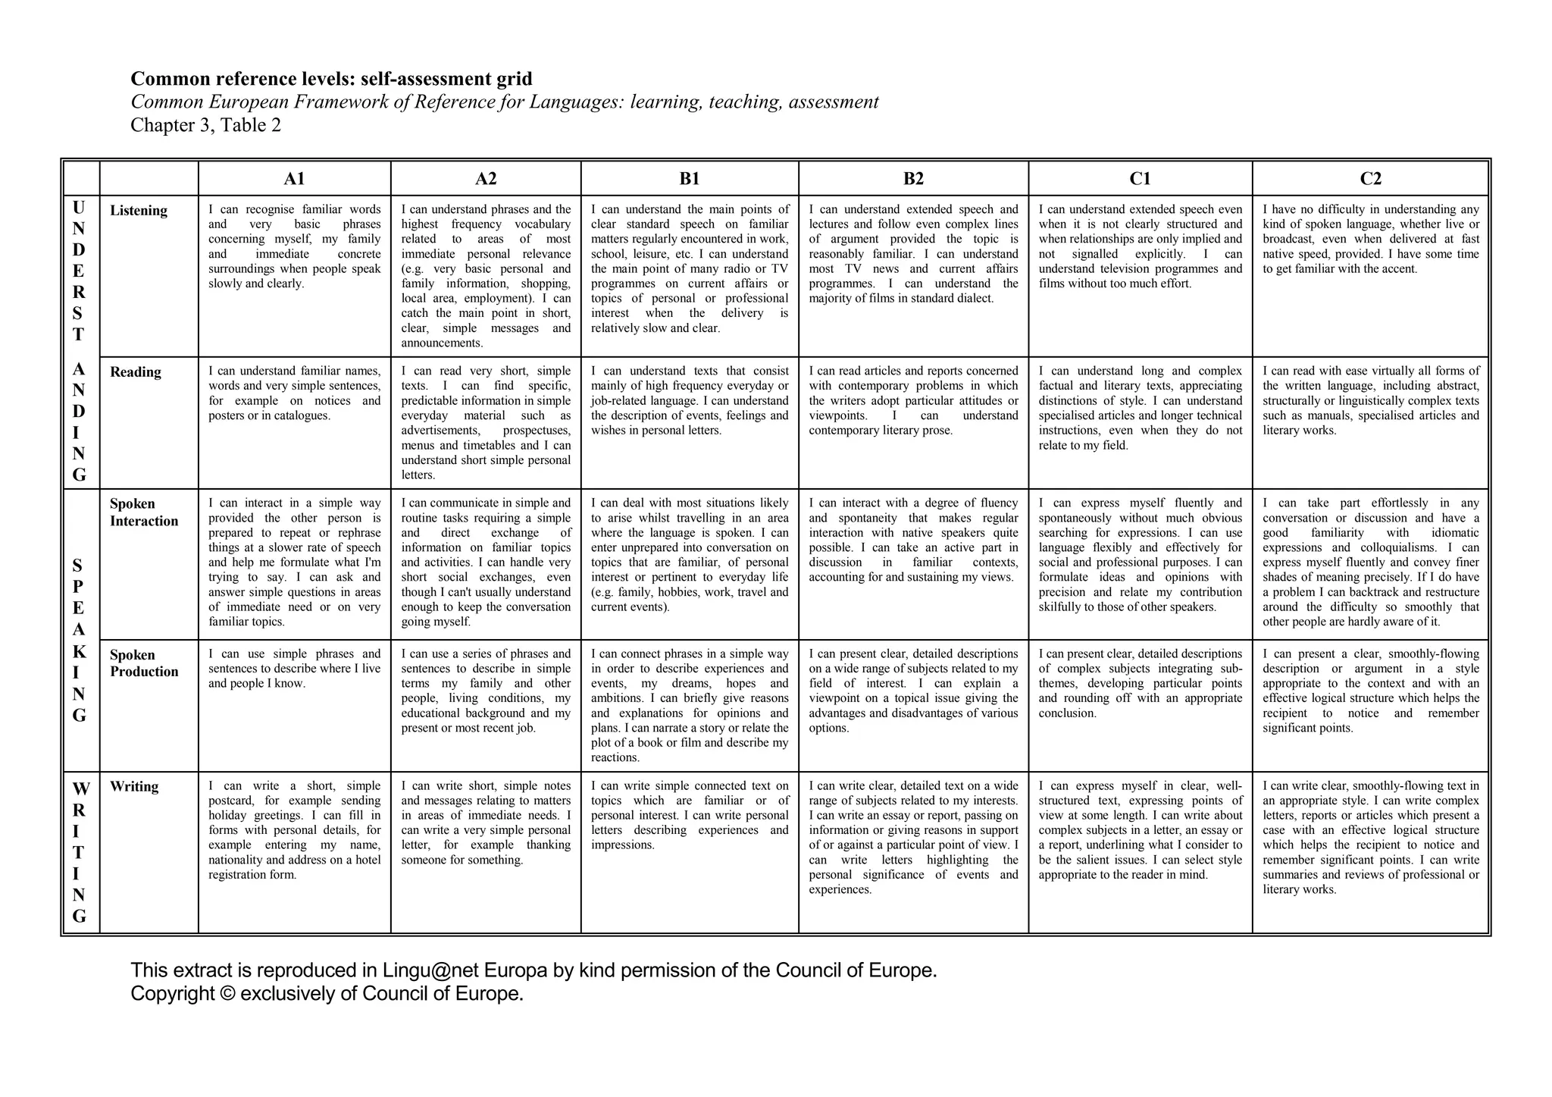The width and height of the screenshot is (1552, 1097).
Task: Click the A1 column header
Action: [x=294, y=179]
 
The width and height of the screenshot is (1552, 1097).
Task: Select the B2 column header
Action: [x=913, y=179]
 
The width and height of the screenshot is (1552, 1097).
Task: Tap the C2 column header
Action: [x=1370, y=179]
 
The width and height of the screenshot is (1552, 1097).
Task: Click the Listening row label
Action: [x=139, y=211]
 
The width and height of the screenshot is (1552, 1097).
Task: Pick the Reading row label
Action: [x=136, y=372]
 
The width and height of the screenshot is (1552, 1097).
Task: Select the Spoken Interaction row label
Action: [x=143, y=512]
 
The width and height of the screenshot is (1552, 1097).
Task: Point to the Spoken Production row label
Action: [x=143, y=663]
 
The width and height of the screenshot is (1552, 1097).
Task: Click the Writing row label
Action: [x=134, y=787]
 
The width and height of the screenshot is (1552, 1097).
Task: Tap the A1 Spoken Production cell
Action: [x=294, y=669]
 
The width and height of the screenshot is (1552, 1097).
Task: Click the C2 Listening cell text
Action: [x=1370, y=239]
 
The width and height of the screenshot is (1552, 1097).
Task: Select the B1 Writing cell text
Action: [x=690, y=815]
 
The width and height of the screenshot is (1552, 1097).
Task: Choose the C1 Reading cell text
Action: [x=1140, y=408]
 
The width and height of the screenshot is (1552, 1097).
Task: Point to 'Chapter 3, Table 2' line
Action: [x=205, y=125]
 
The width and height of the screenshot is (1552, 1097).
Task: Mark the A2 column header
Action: [x=486, y=179]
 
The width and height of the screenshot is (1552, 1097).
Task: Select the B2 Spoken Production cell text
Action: [x=913, y=691]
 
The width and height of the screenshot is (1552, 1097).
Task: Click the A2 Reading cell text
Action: [x=486, y=423]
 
